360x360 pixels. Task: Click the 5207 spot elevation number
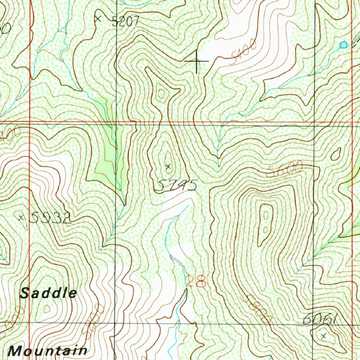coord(126,22)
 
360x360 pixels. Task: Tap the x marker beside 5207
coord(98,18)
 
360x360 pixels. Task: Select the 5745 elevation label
coord(175,185)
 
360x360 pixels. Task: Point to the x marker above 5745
coord(168,166)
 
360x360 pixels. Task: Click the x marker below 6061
coord(324,336)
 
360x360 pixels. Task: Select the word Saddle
coord(48,293)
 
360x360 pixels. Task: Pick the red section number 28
coord(196,281)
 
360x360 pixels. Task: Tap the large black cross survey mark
coord(196,61)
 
